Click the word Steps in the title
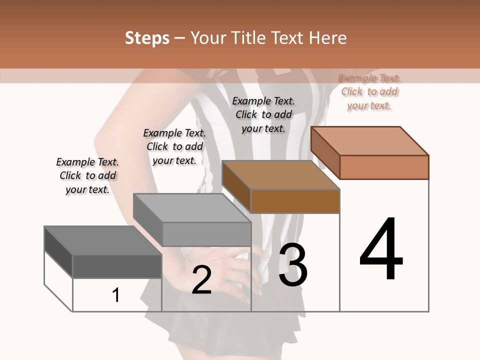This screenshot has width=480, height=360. point(147,38)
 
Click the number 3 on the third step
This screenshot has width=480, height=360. point(293,265)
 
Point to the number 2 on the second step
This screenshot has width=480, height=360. point(201,280)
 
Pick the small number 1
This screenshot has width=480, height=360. point(116,295)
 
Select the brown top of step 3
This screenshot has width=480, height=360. point(280,175)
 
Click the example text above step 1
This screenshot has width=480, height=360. point(87,175)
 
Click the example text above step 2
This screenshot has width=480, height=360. point(174,146)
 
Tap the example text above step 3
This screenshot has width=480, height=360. point(263,114)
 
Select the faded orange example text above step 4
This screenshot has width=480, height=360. point(369,91)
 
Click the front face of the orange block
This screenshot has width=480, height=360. point(384,167)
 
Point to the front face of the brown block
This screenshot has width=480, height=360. point(295,201)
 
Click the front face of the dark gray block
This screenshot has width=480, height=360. point(117,266)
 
